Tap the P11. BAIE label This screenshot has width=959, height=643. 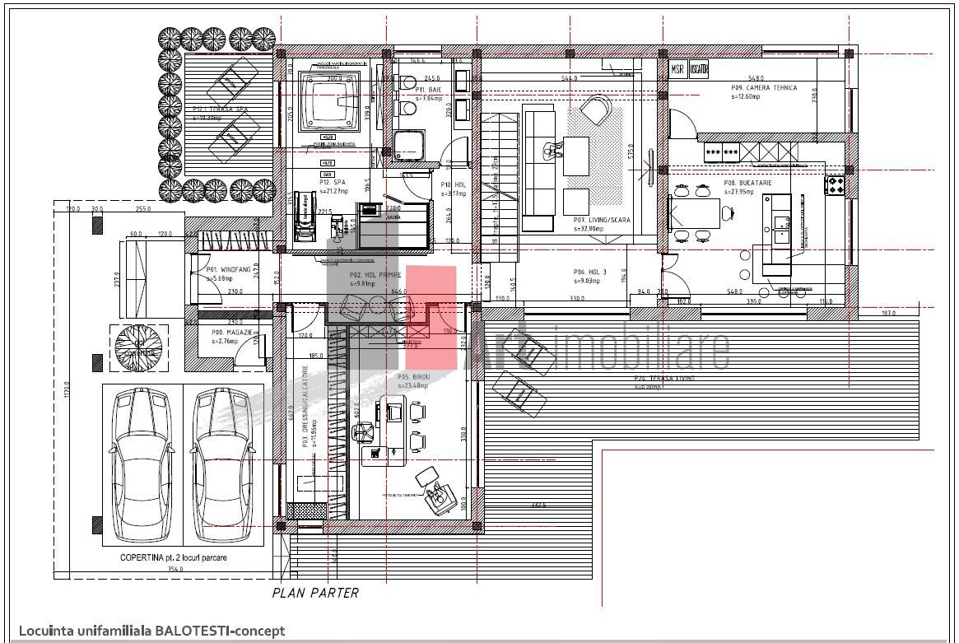point(426,89)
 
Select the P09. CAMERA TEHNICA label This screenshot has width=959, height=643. point(763,88)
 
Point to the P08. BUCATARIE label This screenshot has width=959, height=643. point(747,184)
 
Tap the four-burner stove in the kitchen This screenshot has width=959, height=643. point(836,184)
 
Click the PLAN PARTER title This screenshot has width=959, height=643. point(315,592)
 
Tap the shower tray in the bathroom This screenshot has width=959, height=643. point(407,146)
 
